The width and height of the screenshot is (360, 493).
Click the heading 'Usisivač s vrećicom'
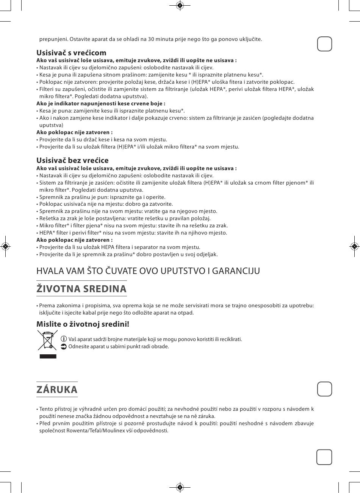(71, 53)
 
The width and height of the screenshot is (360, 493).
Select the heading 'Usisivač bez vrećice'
(72, 160)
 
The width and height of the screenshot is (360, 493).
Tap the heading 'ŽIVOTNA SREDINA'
(81, 289)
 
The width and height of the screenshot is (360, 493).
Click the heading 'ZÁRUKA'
(57, 390)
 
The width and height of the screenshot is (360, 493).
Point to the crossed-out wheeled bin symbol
(47, 340)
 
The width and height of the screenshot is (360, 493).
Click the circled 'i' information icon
(64, 339)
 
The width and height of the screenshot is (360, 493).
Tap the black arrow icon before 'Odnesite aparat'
(64, 346)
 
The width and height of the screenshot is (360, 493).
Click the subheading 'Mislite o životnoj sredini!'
(83, 324)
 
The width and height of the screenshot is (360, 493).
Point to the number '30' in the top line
(151, 39)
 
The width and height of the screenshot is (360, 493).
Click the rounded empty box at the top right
(324, 44)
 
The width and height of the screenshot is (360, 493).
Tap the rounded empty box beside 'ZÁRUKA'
(324, 389)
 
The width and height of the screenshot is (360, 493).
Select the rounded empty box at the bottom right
(324, 457)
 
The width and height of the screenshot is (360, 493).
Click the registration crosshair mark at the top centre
(180, 5)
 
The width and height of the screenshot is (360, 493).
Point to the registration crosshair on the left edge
(5, 246)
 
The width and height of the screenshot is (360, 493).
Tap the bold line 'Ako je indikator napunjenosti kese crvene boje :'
(101, 103)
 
